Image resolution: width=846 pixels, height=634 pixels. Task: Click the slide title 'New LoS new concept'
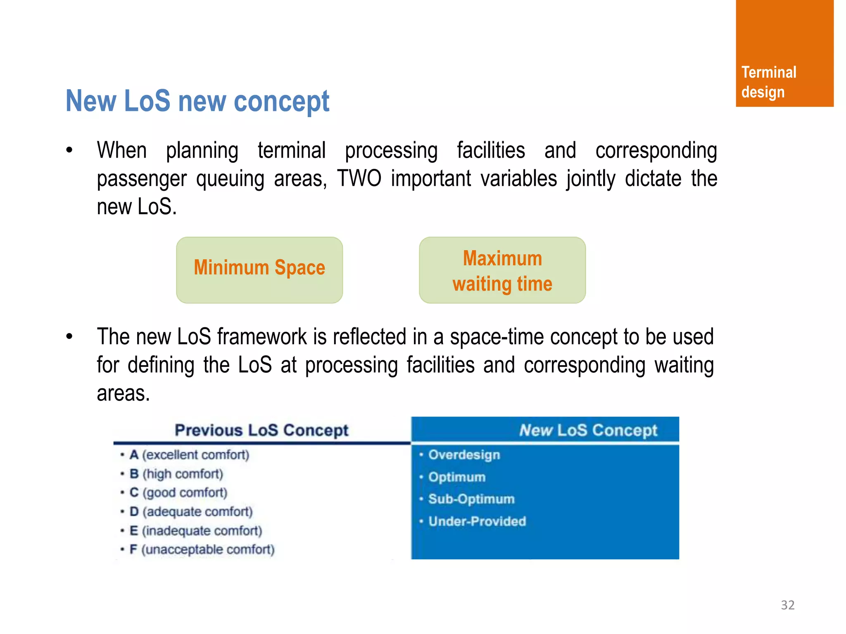(197, 101)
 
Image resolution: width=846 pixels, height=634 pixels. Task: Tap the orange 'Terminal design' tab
(784, 54)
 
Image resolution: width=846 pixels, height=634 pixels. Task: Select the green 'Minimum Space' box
(259, 270)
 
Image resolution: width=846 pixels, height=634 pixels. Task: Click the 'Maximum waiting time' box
(502, 270)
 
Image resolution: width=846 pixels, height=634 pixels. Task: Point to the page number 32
(787, 605)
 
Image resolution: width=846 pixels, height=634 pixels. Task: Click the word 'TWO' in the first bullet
(359, 179)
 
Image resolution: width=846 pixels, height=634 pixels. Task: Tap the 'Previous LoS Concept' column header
(261, 430)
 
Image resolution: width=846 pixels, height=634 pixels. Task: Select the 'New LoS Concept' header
(588, 430)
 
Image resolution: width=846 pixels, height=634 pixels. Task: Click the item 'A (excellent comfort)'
(189, 455)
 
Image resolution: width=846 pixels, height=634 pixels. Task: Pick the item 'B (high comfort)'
(176, 474)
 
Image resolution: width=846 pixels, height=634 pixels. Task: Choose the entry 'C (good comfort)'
(178, 492)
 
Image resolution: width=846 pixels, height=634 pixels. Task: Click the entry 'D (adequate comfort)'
(191, 511)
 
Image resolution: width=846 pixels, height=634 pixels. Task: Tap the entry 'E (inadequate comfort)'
(196, 530)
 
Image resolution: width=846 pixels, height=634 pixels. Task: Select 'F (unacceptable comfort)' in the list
(202, 549)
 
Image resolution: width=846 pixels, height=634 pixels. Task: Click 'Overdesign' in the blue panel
(464, 455)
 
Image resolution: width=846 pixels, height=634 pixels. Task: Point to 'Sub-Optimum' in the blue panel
(471, 499)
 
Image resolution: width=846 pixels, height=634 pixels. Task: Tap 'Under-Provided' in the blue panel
(477, 521)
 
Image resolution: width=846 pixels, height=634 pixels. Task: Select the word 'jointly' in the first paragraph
(591, 179)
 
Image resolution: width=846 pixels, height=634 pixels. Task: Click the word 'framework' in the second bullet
(262, 337)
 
